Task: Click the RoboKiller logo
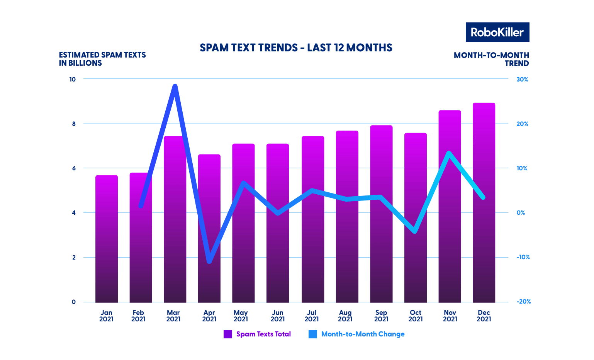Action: pos(497,32)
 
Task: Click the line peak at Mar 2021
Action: pos(175,86)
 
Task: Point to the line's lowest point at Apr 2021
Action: pos(209,262)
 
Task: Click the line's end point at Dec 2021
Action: pos(483,197)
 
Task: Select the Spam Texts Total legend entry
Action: pos(257,334)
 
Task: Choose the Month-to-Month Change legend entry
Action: pos(357,334)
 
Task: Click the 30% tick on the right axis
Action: pos(522,79)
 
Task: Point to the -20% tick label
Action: pos(523,302)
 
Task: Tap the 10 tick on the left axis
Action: pos(73,79)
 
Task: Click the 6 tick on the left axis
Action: pos(73,168)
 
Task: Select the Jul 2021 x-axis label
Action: pos(311,316)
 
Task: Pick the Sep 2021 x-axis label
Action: pos(381,316)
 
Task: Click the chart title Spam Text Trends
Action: pos(296,48)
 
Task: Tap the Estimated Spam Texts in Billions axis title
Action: pos(102,59)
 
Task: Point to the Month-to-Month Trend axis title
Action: pos(491,59)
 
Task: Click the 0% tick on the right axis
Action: pos(521,212)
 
